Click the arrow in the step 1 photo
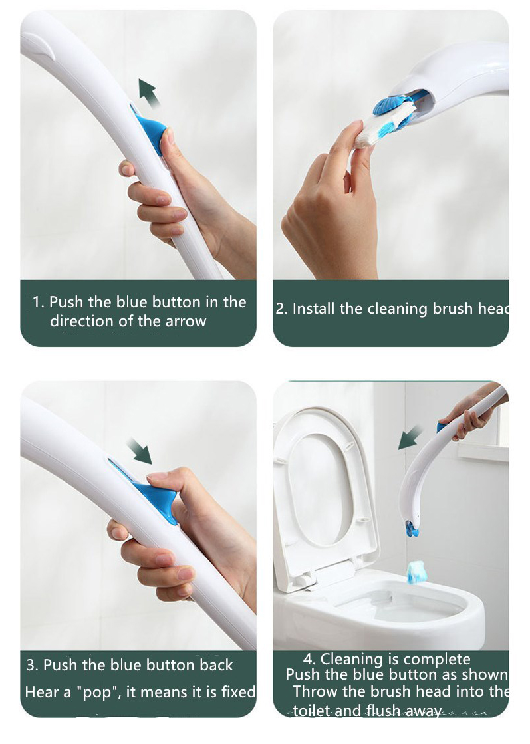pyautogui.click(x=149, y=92)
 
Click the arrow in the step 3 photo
pyautogui.click(x=140, y=451)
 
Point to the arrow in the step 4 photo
pyautogui.click(x=410, y=438)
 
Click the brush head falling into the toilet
pyautogui.click(x=416, y=571)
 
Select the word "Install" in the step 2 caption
pyautogui.click(x=315, y=309)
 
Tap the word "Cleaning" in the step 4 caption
pyautogui.click(x=350, y=660)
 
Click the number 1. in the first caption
pyautogui.click(x=39, y=303)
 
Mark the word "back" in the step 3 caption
pyautogui.click(x=216, y=665)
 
